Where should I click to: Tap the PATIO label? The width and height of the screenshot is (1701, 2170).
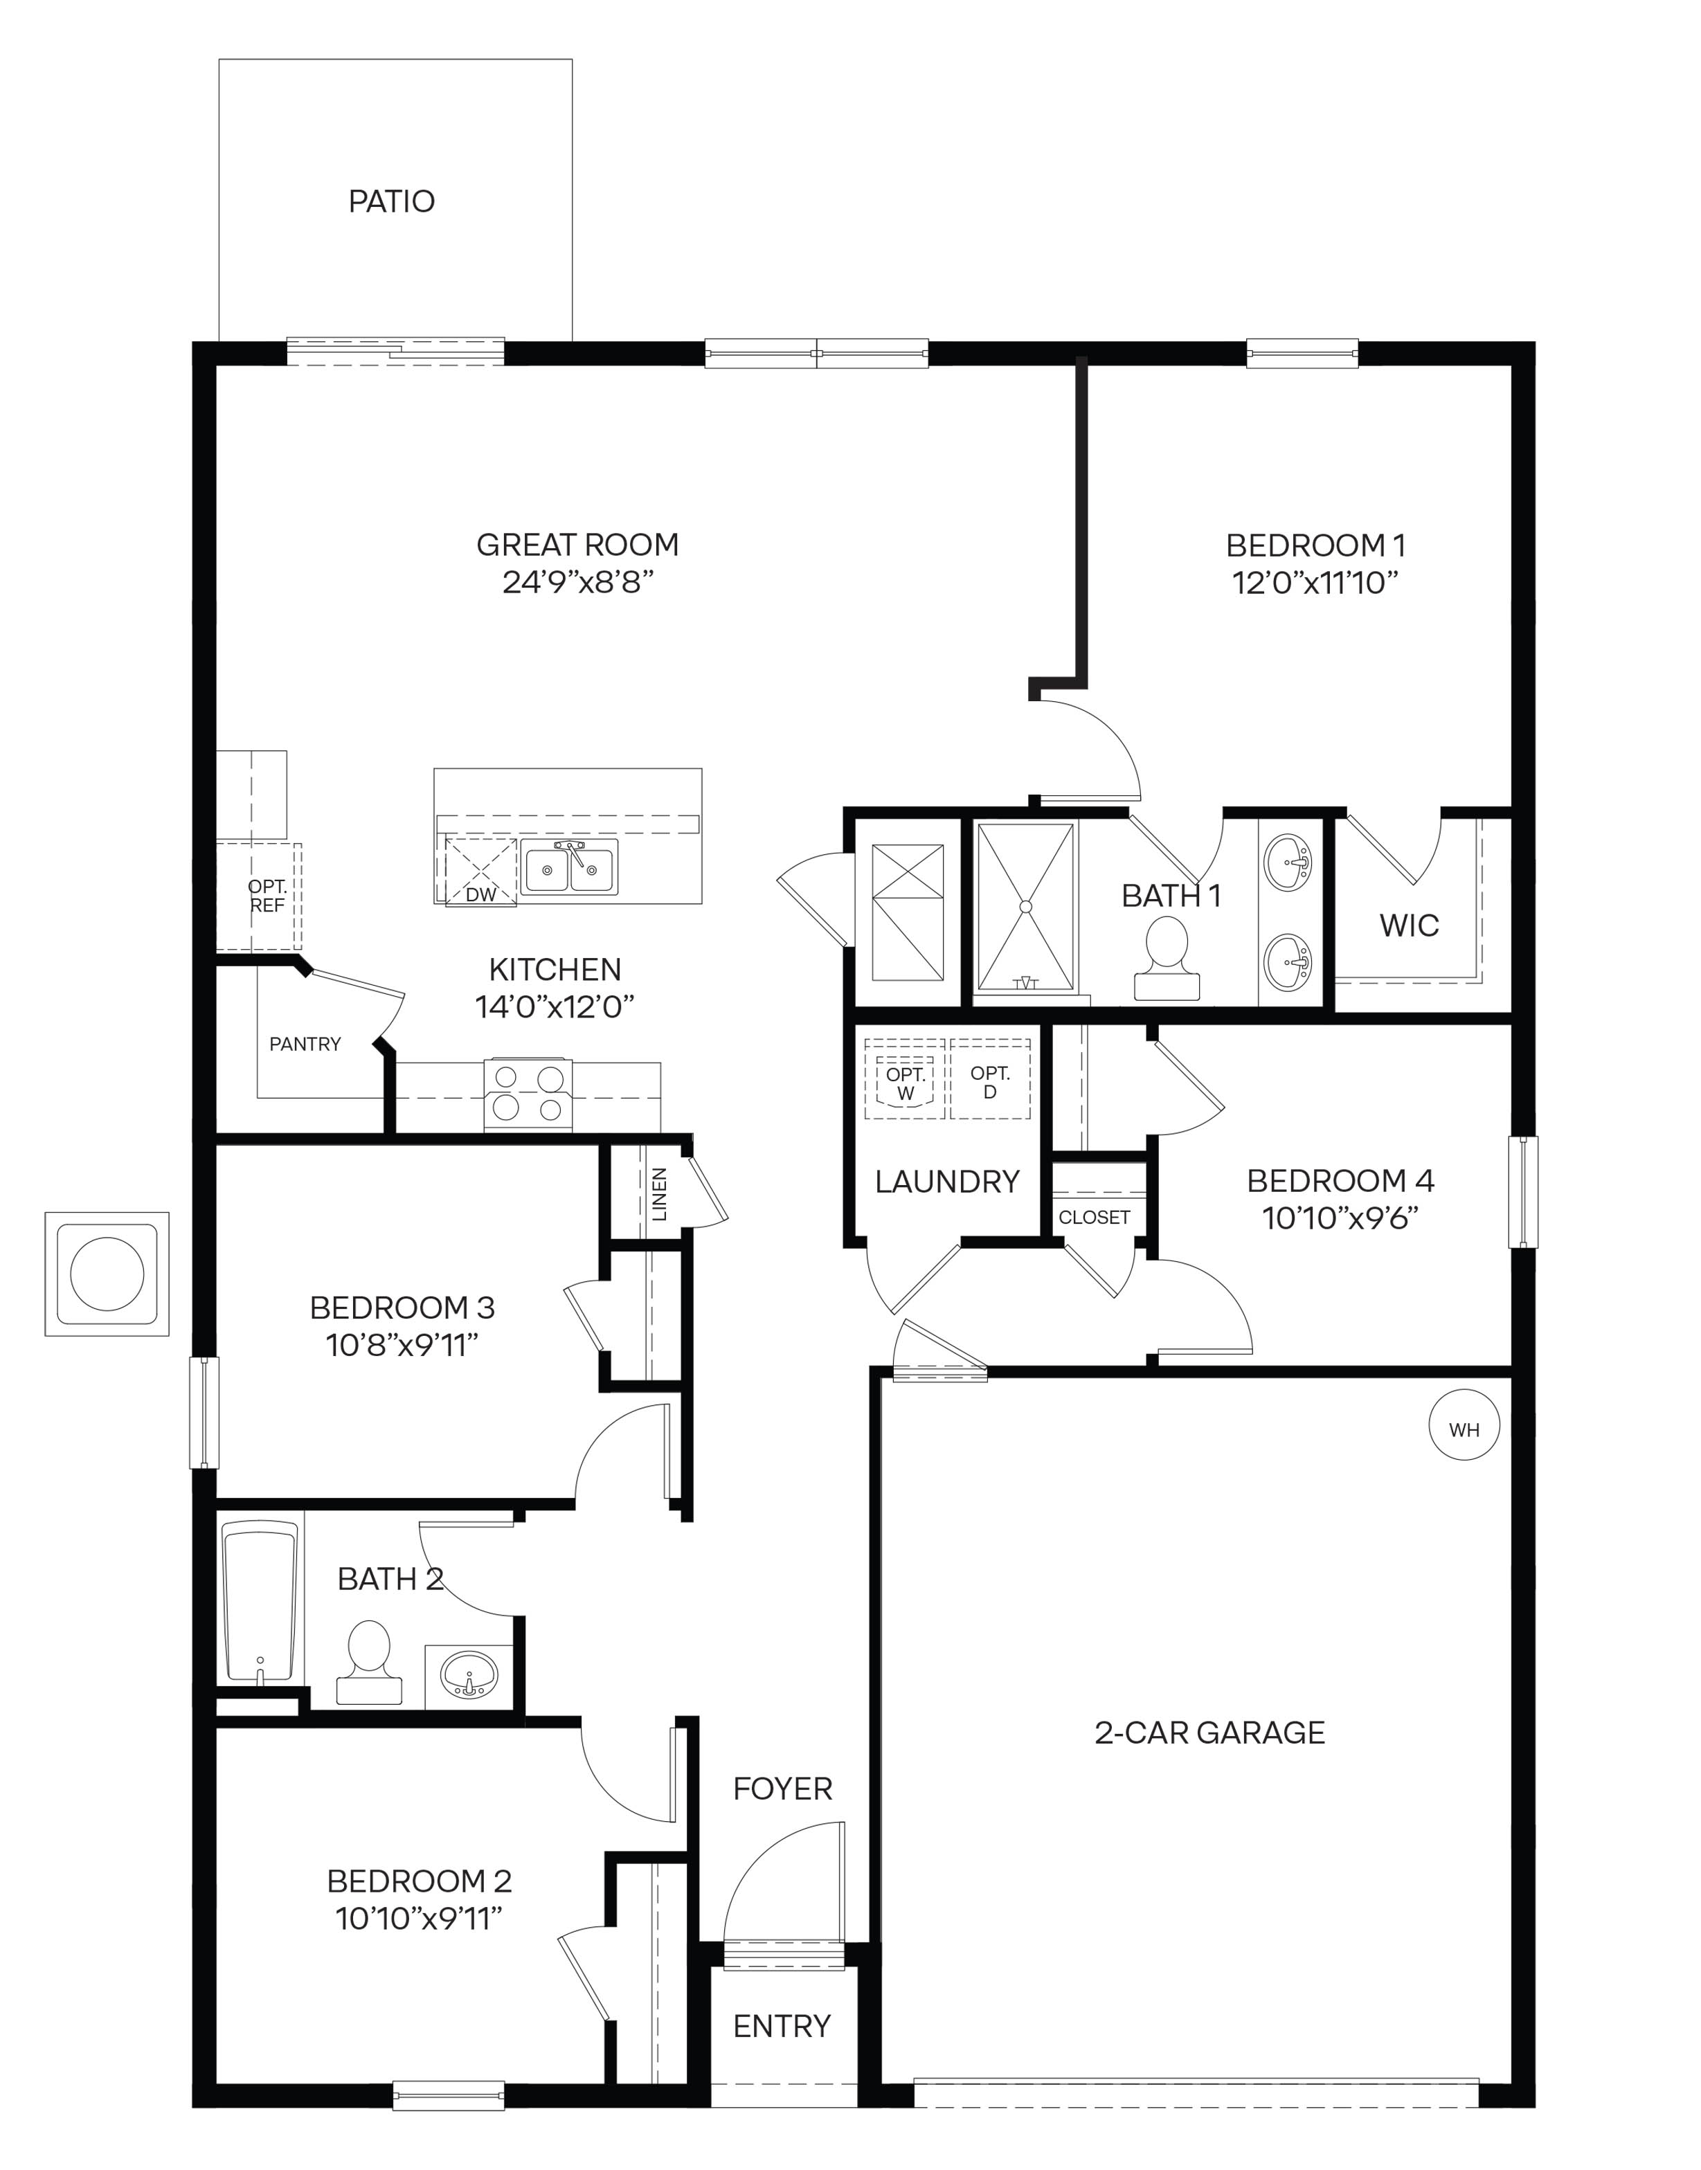(x=391, y=201)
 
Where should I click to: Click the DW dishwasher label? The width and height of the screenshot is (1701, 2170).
(x=480, y=894)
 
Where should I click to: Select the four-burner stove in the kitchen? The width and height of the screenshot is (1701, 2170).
(x=528, y=1094)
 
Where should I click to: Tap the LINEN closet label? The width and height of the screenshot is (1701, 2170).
(x=658, y=1194)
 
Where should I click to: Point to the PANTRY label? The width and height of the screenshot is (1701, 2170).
(x=305, y=1044)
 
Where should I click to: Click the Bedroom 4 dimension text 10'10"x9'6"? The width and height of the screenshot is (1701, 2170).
(x=1340, y=1218)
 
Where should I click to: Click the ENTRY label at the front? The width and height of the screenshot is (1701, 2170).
(x=782, y=2025)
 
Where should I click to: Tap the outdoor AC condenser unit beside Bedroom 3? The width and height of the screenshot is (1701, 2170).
(x=107, y=1274)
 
